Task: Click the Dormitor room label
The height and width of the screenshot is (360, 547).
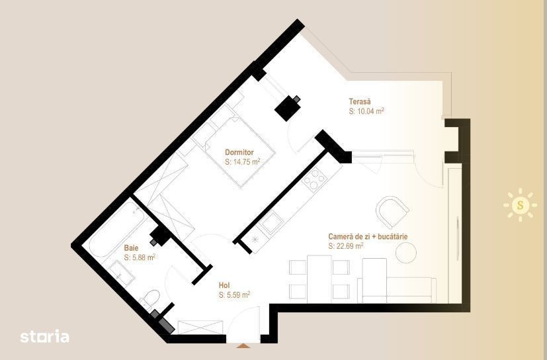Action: coord(239,152)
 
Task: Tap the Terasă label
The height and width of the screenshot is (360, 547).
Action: coord(360,102)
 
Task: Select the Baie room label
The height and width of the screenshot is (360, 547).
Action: coord(131,248)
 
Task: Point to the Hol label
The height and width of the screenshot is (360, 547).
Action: coord(224,285)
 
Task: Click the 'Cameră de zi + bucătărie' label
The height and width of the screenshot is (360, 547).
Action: coord(368,236)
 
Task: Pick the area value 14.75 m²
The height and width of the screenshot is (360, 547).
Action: coord(243,161)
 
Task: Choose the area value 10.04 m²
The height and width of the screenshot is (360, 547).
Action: coord(366,111)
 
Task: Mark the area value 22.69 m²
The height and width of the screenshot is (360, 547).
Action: coord(346,246)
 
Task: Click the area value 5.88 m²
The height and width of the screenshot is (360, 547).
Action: coord(140,257)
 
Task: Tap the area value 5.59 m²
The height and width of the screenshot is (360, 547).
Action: coord(234,294)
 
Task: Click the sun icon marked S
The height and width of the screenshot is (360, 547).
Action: coord(520,204)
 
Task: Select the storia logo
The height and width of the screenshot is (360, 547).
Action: coord(44,337)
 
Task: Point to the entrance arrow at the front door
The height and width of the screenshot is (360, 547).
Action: coord(243,345)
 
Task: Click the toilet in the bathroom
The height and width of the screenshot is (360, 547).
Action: coord(150,299)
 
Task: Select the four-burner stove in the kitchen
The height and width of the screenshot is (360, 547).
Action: coord(314,179)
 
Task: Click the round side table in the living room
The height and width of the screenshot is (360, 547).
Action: coord(406,252)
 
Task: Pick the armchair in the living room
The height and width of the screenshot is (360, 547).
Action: coord(392,212)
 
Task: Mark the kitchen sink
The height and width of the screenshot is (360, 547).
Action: coord(272,223)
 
